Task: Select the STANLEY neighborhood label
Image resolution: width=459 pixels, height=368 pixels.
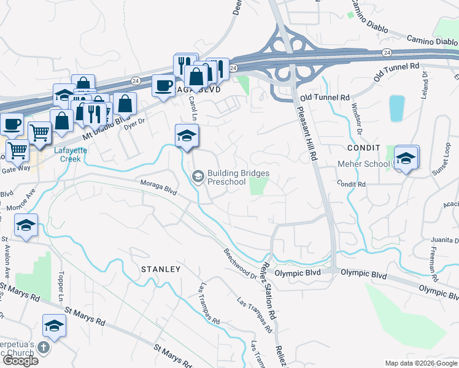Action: pyautogui.click(x=161, y=269)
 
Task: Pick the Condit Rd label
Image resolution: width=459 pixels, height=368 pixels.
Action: pyautogui.click(x=352, y=184)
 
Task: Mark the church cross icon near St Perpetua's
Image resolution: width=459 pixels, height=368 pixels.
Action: pyautogui.click(x=43, y=348)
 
